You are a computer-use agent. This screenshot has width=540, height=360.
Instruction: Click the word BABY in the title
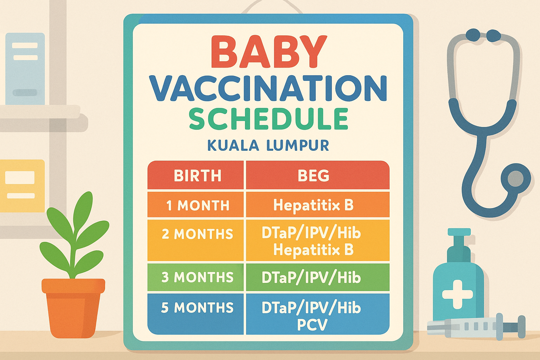coord(269,52)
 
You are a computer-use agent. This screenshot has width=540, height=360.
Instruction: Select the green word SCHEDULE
coord(269,119)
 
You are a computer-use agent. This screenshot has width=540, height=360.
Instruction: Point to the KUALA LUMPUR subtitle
coord(268,145)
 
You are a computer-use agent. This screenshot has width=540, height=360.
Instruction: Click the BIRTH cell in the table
coord(197,175)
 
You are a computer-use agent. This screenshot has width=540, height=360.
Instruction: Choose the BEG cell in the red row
coord(313,175)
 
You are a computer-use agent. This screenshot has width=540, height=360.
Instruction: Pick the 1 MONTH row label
coord(198,205)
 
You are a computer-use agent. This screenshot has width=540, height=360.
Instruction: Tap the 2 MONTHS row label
coord(197,234)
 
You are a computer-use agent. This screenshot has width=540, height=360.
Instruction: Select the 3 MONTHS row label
coord(197,277)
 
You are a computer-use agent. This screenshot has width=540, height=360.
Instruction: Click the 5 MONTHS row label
coord(197,308)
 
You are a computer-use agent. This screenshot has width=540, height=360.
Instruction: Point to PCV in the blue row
coord(312,325)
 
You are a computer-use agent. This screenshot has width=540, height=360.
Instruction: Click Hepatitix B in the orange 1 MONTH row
coord(313,205)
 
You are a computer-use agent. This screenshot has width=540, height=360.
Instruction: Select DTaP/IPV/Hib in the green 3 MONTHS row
coord(311,278)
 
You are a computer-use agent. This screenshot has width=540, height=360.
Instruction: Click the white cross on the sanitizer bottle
coord(457,294)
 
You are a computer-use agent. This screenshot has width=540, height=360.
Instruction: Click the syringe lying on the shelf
coord(475,326)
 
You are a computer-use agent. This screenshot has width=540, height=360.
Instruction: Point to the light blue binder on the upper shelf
coord(25,69)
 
